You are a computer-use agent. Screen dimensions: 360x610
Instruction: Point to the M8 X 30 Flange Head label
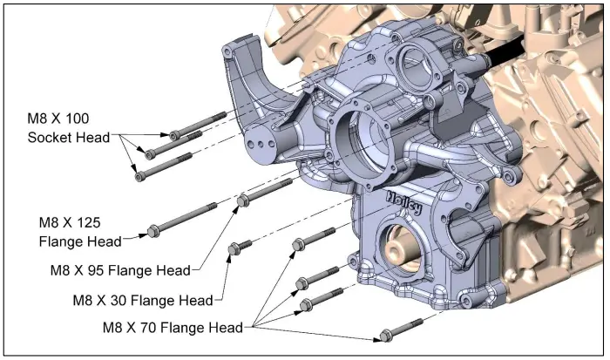coord(143,301)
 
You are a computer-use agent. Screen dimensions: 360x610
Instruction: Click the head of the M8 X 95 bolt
coord(244,202)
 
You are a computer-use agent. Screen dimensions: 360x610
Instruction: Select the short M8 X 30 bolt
coord(234,249)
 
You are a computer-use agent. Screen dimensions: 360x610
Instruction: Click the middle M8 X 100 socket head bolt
coord(174,145)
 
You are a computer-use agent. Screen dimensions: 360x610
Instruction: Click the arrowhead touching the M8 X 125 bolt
coord(145,234)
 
